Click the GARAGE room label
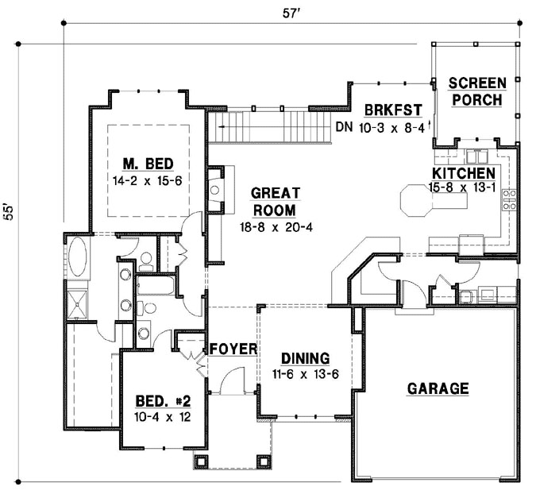(x=438, y=389)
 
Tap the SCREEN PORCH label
(x=477, y=91)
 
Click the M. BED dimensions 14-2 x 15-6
(x=148, y=180)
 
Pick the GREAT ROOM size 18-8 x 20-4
(x=276, y=227)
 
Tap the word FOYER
(x=233, y=349)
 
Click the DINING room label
(x=306, y=359)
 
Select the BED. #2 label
(x=163, y=401)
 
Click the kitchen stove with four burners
(x=509, y=199)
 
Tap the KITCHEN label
(x=464, y=173)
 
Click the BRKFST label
(x=393, y=110)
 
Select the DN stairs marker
(x=344, y=127)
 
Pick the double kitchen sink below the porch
(x=477, y=156)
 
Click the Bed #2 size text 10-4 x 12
(x=163, y=417)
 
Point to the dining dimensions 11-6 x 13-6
(x=306, y=375)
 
